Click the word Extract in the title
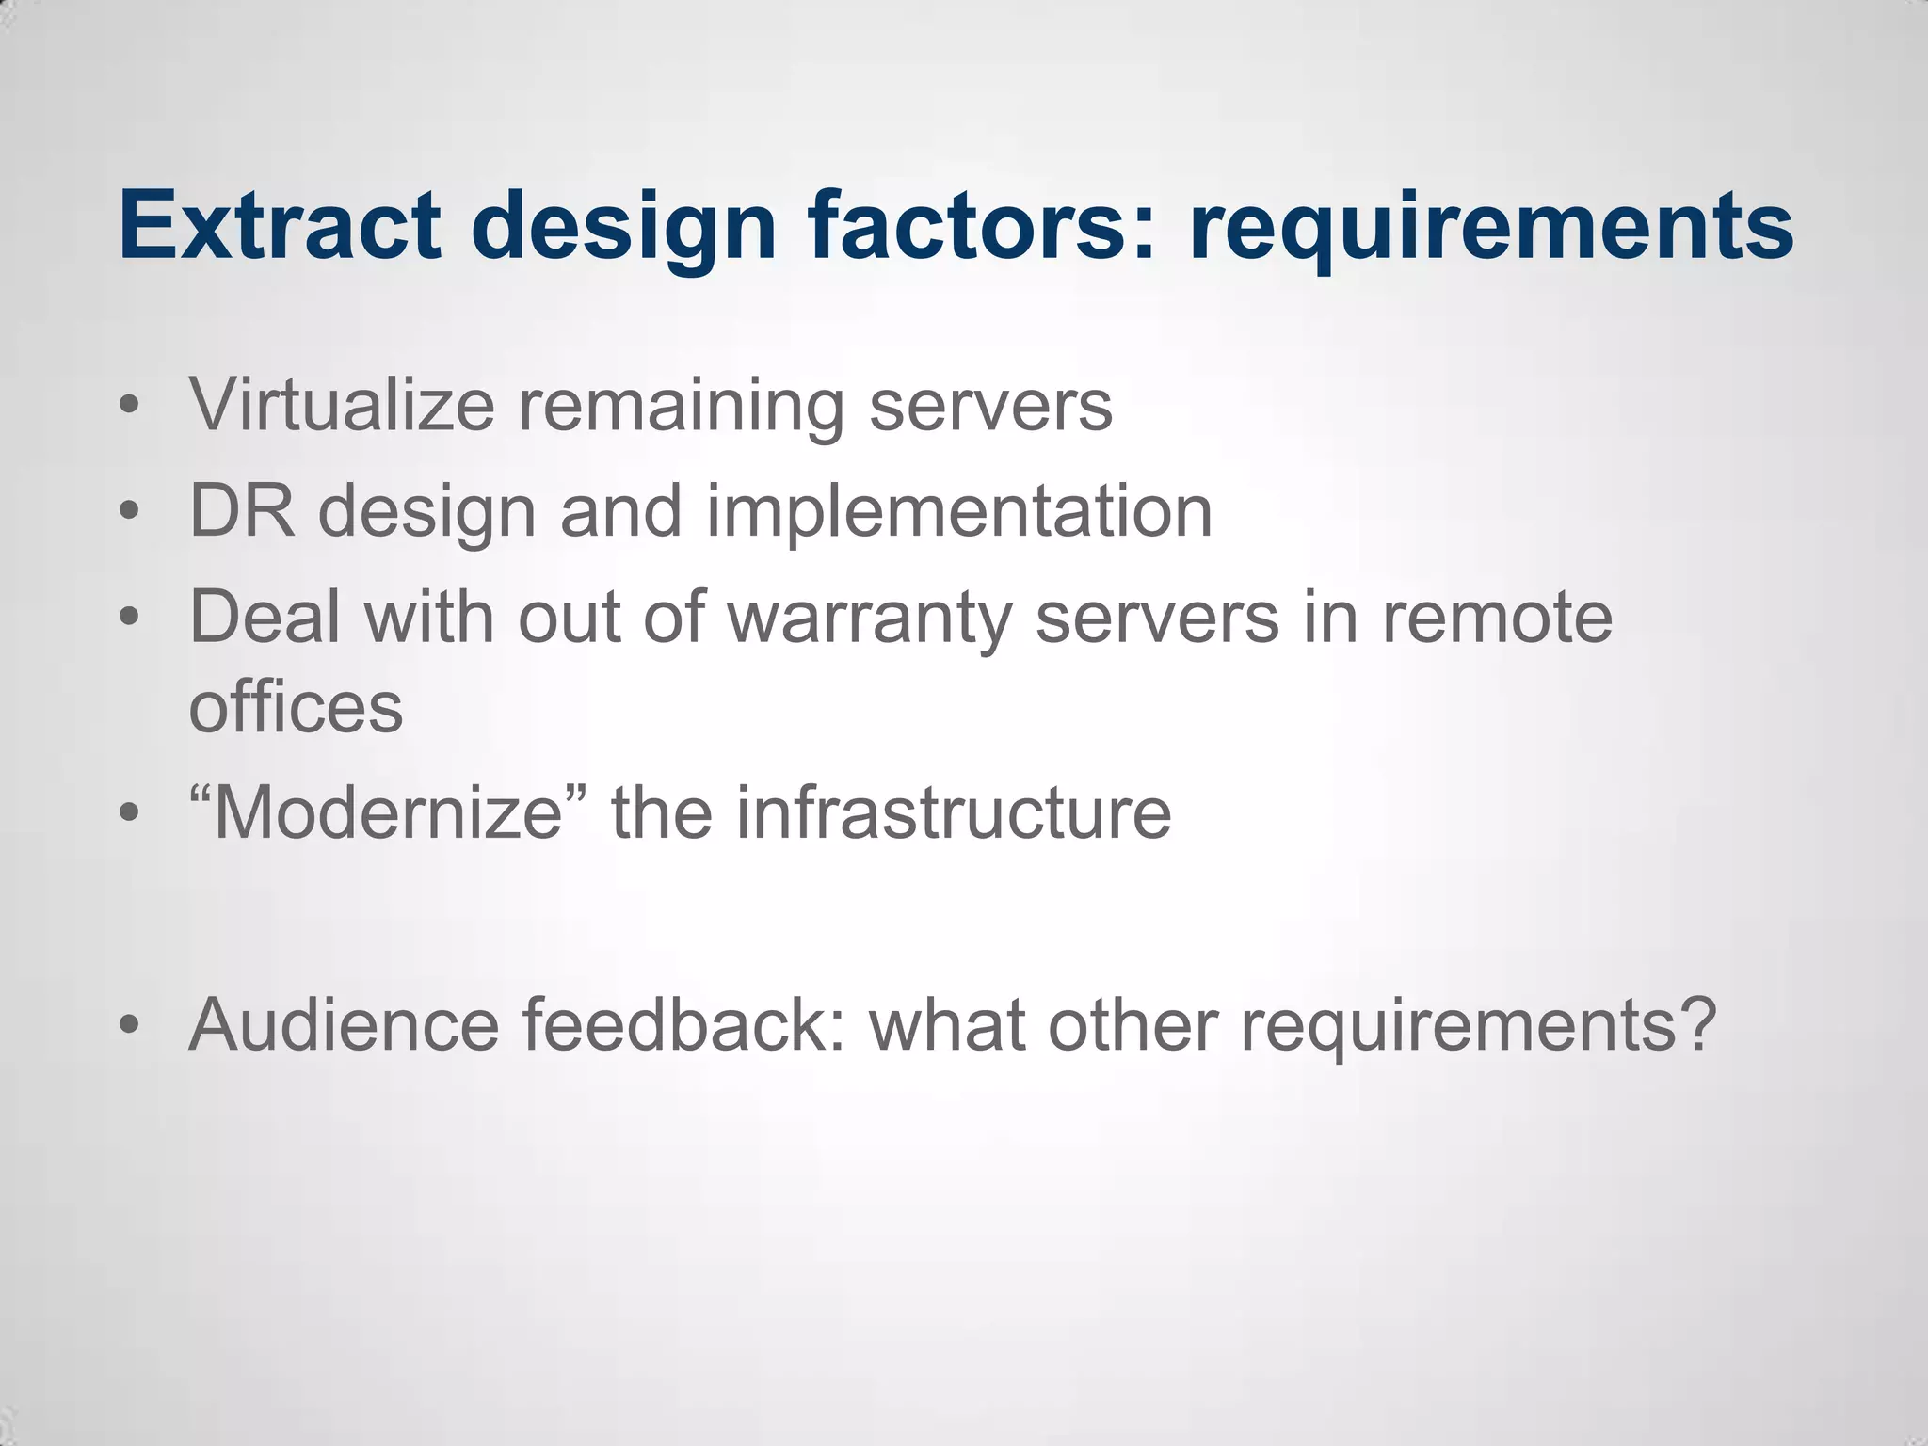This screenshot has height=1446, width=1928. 280,226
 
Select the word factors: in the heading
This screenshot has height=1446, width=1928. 981,226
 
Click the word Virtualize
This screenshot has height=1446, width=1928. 342,405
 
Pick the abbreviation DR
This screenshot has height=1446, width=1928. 242,511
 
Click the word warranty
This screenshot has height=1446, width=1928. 870,619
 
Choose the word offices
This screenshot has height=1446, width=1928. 296,707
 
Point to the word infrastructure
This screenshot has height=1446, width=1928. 954,812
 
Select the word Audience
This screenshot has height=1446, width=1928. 344,1024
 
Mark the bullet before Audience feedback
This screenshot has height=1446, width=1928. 130,1024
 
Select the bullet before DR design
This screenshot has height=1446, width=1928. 130,512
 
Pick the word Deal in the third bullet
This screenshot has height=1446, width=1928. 265,618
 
